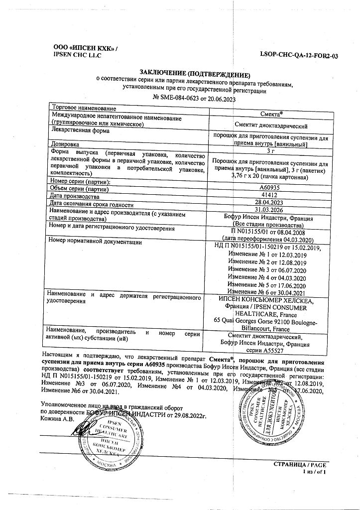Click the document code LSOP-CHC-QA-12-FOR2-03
coord(299,56)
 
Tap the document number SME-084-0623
coord(180,99)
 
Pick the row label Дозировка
coord(64,145)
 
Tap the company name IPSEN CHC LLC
coord(77,55)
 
